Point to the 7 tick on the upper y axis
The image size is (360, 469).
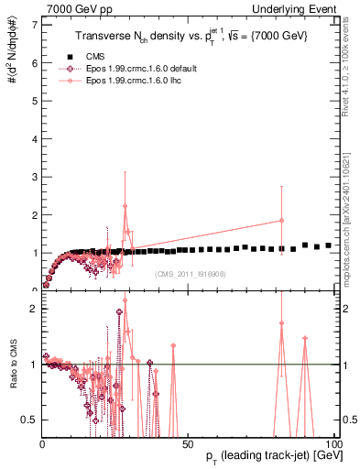35,24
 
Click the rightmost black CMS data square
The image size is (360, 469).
328,245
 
